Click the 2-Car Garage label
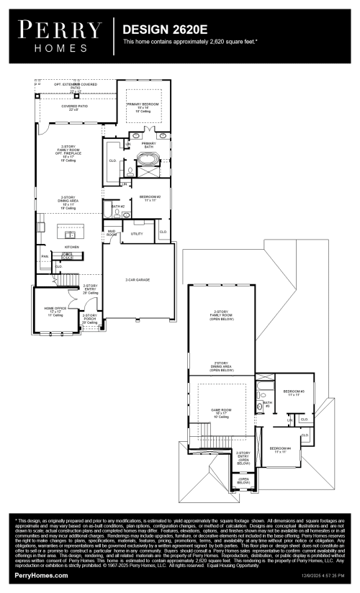pos(137,279)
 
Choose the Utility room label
pos(136,233)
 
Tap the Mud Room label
pos(112,233)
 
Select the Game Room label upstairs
pos(220,411)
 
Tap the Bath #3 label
pos(266,404)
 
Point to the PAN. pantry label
pos(45,256)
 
